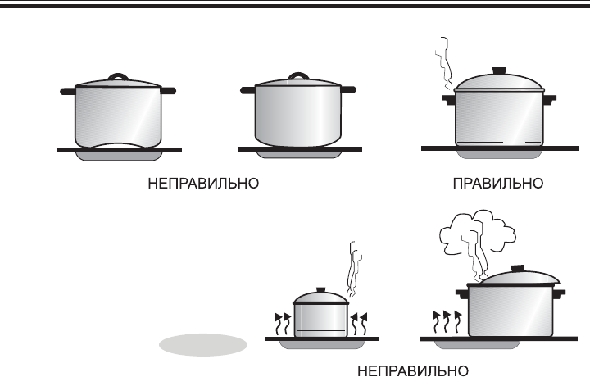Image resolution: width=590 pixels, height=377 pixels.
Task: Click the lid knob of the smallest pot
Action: pyautogui.click(x=320, y=289)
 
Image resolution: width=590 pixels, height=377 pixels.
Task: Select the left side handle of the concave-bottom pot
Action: pyautogui.click(x=66, y=90)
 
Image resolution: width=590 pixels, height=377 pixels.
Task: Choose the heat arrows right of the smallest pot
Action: pyautogui.click(x=359, y=323)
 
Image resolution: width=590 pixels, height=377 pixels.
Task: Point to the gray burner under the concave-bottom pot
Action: pyautogui.click(x=119, y=155)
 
